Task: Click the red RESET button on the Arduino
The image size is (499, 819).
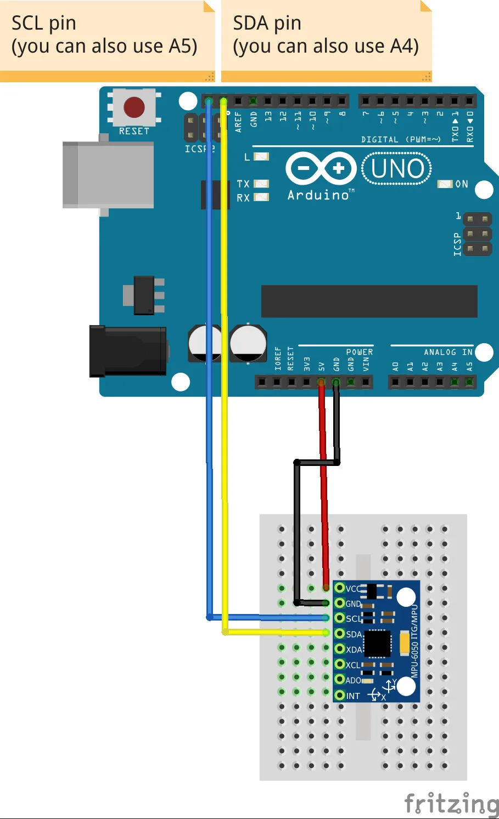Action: (x=134, y=107)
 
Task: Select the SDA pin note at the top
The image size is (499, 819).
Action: (x=326, y=36)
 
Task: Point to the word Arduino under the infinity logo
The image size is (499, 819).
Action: (x=318, y=195)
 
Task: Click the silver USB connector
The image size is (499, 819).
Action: (x=108, y=175)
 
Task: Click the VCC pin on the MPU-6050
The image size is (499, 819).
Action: (x=340, y=588)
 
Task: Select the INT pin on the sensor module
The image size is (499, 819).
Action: (x=340, y=696)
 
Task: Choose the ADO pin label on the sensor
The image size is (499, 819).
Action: (x=354, y=680)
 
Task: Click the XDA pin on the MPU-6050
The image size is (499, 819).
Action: (x=340, y=649)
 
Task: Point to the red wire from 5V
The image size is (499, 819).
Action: (x=324, y=493)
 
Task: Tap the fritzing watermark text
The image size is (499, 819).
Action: (x=451, y=804)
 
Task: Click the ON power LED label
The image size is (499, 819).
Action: (x=462, y=184)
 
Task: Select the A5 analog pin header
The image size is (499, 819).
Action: (x=469, y=382)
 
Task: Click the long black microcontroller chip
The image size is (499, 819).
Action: (x=369, y=301)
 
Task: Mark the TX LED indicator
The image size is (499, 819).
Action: (x=262, y=184)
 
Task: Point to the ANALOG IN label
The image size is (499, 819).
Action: (x=448, y=352)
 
